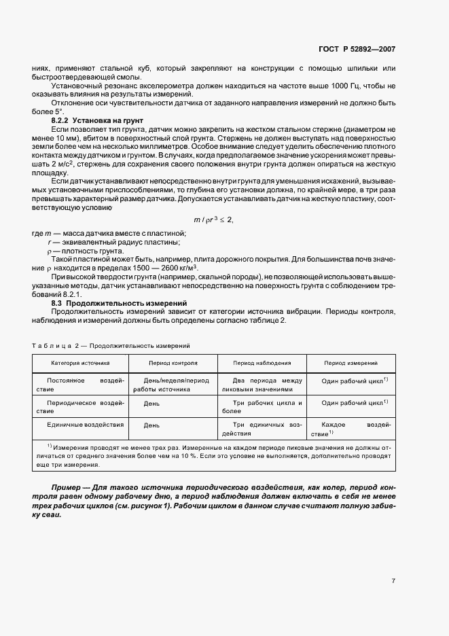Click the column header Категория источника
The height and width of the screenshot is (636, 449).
point(80,364)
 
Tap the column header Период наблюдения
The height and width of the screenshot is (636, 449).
point(262,364)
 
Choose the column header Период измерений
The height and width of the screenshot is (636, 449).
point(351,364)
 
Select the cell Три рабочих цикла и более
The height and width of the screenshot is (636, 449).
point(262,407)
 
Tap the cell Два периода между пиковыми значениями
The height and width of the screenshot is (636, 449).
point(262,385)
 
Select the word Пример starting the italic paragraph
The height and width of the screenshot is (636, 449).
point(68,488)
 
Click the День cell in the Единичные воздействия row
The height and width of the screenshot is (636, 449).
point(151,425)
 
